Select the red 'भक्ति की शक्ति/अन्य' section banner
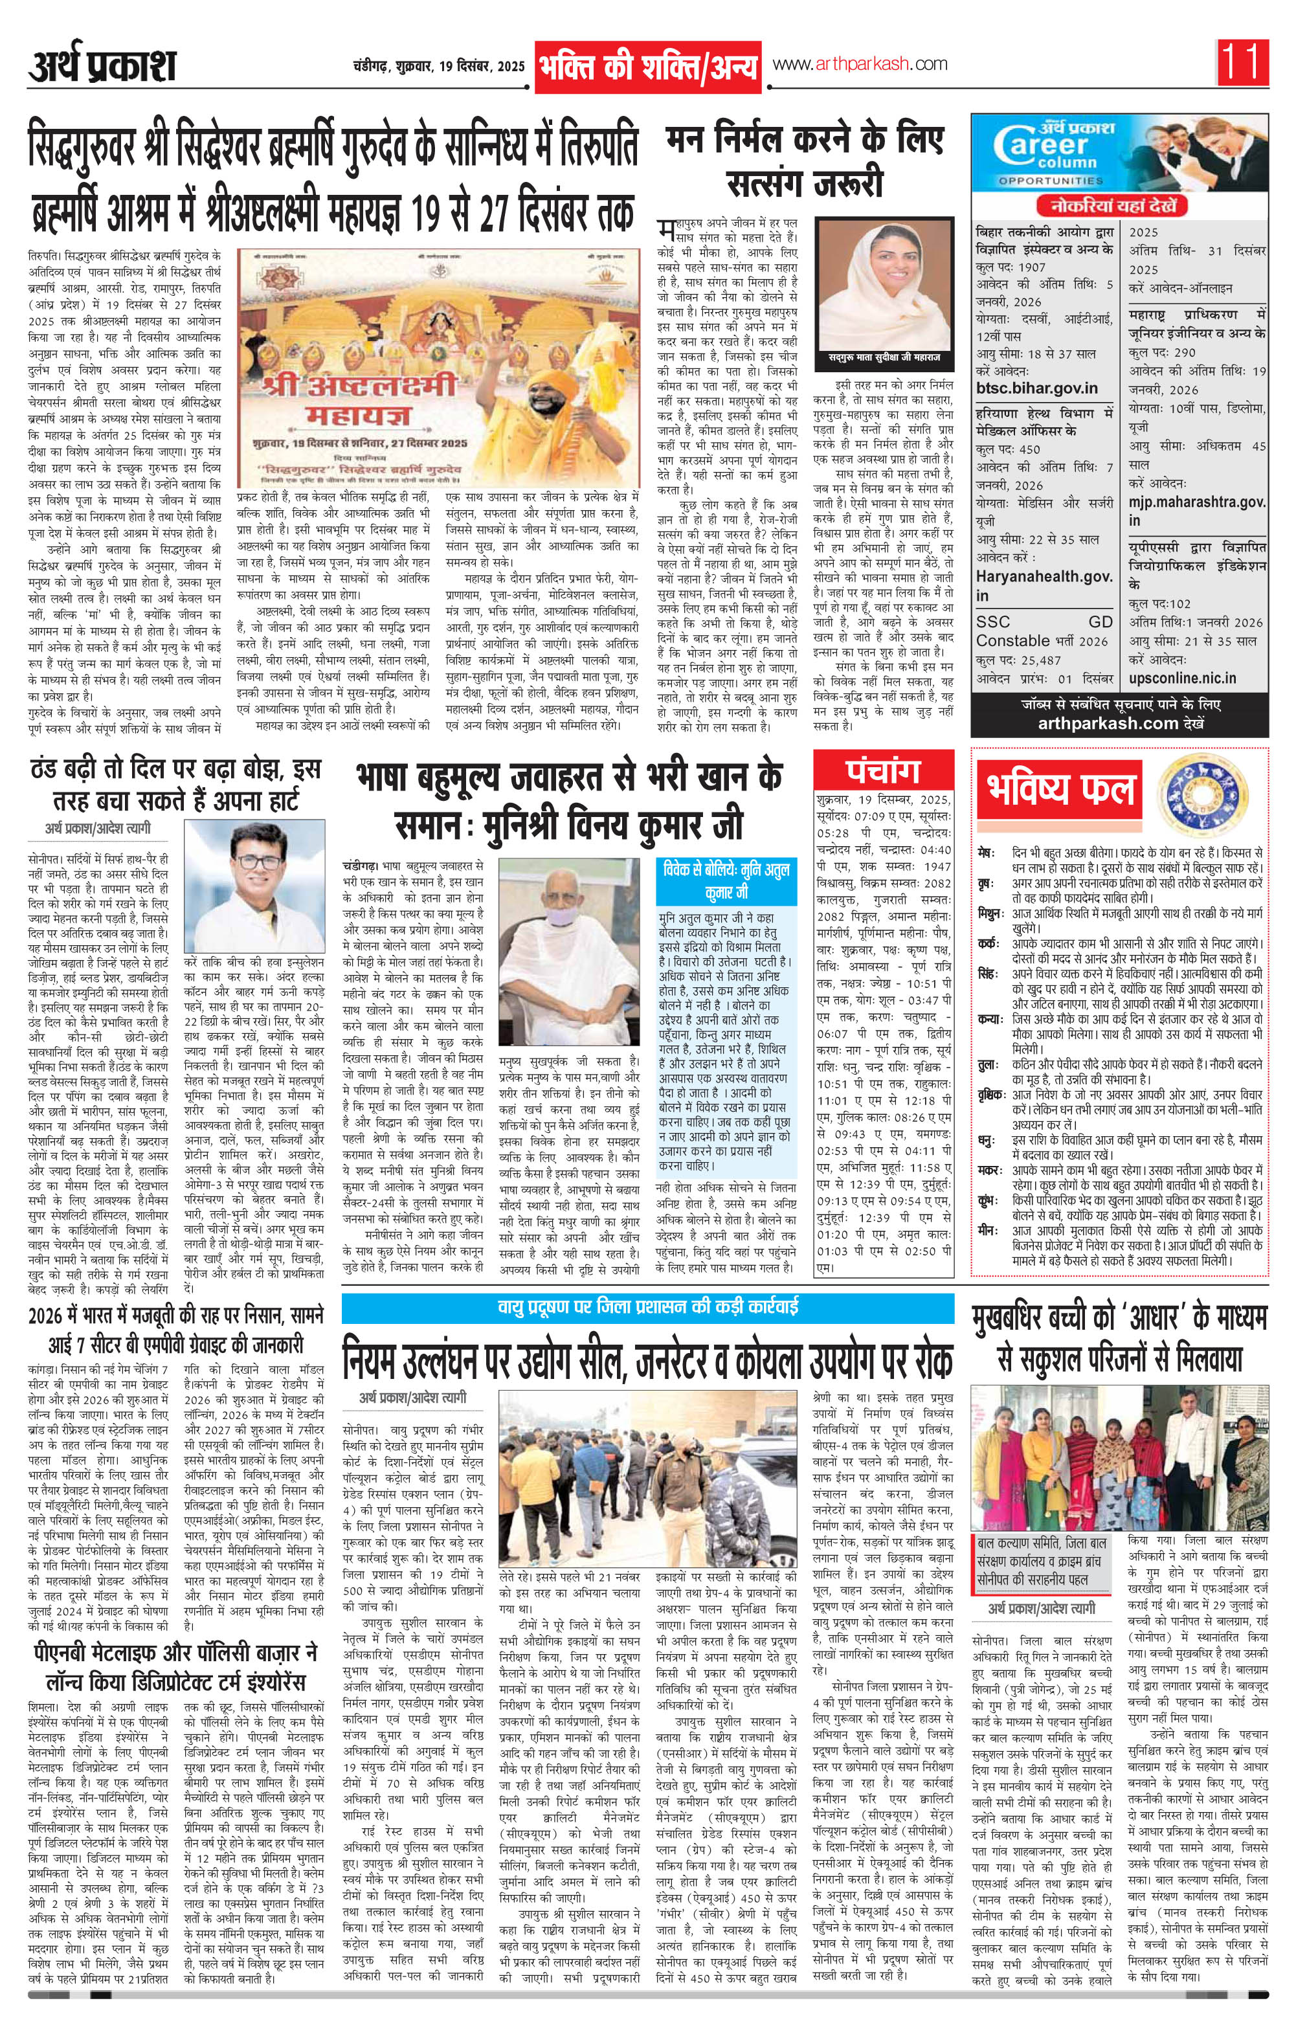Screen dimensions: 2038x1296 [647, 66]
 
